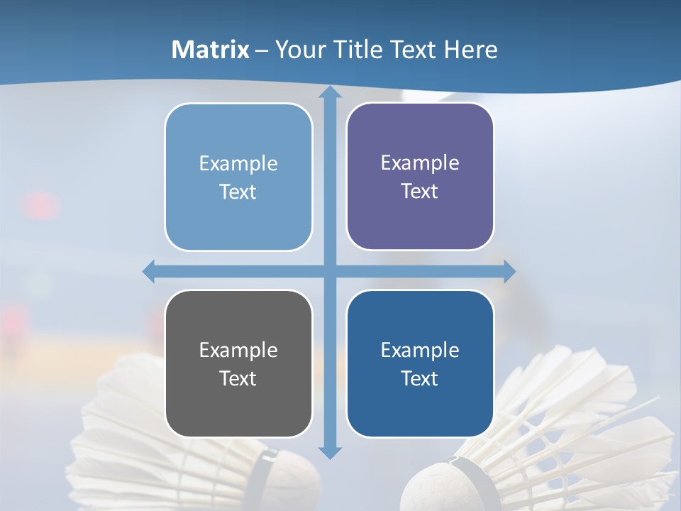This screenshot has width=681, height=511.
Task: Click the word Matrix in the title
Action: pyautogui.click(x=211, y=50)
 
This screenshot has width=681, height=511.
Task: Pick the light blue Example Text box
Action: pyautogui.click(x=238, y=177)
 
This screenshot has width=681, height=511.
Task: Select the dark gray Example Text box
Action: pyautogui.click(x=238, y=363)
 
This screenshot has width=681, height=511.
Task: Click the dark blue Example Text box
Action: pyautogui.click(x=420, y=363)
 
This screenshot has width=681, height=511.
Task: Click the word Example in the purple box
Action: pyautogui.click(x=420, y=163)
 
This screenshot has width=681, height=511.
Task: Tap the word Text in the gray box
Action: pyautogui.click(x=238, y=378)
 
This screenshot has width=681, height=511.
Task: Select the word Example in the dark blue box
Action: pyautogui.click(x=420, y=350)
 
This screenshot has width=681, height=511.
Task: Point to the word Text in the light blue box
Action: pyautogui.click(x=238, y=192)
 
